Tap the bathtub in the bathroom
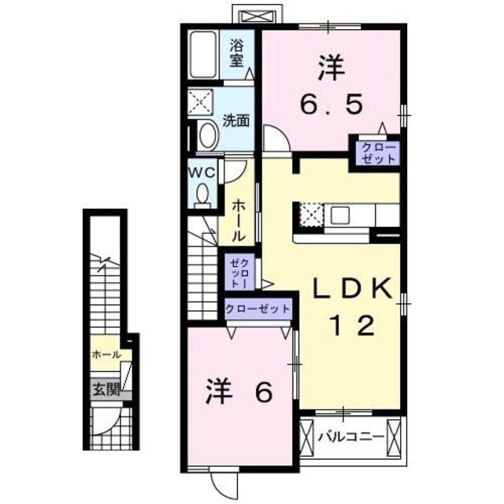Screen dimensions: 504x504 coord(206,55)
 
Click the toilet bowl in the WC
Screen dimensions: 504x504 coord(202,193)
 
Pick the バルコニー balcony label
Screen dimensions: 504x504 coord(350,435)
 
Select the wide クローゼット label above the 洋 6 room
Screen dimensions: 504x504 coord(257,309)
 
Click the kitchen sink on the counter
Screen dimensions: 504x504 coord(343,214)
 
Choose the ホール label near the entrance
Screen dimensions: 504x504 coord(106,354)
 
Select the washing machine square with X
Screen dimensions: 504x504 coord(201,103)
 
